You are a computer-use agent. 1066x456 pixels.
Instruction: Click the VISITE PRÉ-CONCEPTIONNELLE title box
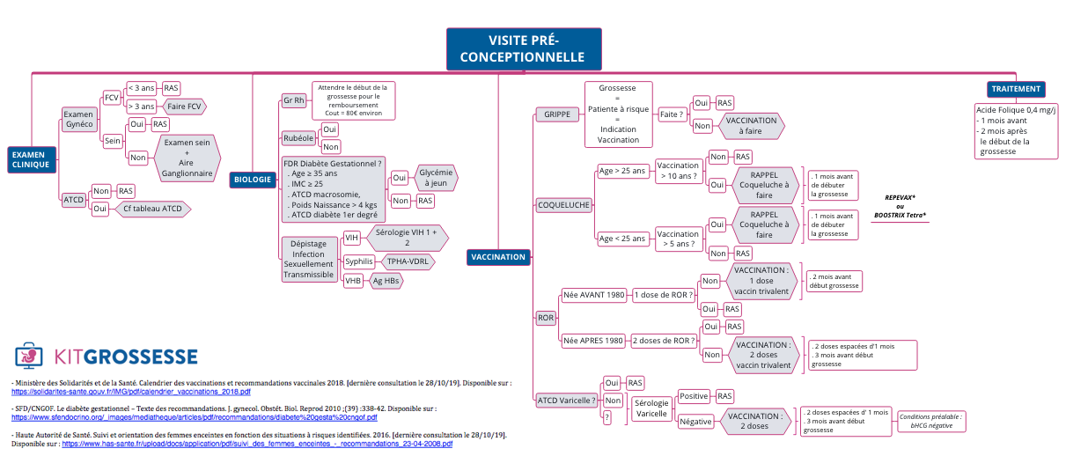pyautogui.click(x=524, y=49)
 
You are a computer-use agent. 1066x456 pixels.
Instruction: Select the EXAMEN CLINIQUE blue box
pyautogui.click(x=32, y=160)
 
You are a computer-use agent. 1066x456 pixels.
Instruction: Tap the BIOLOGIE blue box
pyautogui.click(x=253, y=180)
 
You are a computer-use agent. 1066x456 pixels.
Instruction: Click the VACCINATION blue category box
pyautogui.click(x=498, y=257)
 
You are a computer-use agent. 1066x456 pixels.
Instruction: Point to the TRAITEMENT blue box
pyautogui.click(x=1016, y=89)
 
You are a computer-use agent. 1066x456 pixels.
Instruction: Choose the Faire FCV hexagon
pyautogui.click(x=184, y=107)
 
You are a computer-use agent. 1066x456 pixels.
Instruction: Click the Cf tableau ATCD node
pyautogui.click(x=152, y=209)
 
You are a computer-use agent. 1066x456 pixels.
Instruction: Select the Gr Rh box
pyautogui.click(x=294, y=100)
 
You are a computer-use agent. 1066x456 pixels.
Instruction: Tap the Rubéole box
pyautogui.click(x=298, y=138)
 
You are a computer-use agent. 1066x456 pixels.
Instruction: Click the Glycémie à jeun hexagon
pyautogui.click(x=436, y=178)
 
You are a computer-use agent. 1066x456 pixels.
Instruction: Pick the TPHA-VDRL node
pyautogui.click(x=408, y=261)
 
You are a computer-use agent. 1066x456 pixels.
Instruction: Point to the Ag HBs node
pyautogui.click(x=386, y=281)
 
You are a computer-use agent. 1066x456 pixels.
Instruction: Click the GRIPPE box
pyautogui.click(x=557, y=114)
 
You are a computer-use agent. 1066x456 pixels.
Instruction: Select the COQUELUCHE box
pyautogui.click(x=564, y=205)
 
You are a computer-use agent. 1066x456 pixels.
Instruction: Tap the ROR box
pyautogui.click(x=546, y=318)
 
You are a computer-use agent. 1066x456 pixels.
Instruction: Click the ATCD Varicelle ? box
pyautogui.click(x=566, y=401)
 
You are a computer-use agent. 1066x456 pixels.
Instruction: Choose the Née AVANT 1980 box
pyautogui.click(x=594, y=295)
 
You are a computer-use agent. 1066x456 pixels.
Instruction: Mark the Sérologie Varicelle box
pyautogui.click(x=651, y=408)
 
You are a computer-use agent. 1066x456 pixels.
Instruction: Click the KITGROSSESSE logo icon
pyautogui.click(x=28, y=356)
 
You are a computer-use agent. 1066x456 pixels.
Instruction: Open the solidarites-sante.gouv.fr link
pyautogui.click(x=131, y=392)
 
